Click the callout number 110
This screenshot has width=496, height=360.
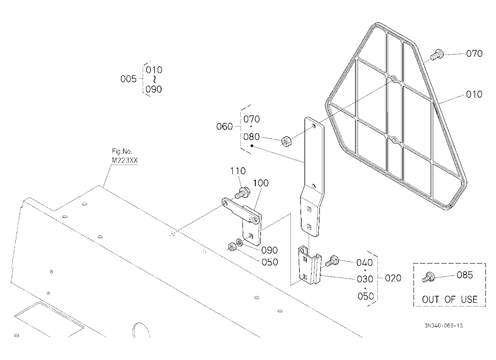(238, 171)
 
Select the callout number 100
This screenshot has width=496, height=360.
(261, 183)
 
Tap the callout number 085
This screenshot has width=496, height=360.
(465, 275)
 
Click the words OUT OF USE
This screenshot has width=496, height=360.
(449, 300)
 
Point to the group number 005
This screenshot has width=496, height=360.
(128, 79)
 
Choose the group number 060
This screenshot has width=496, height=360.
(225, 126)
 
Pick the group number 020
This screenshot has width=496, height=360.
(393, 278)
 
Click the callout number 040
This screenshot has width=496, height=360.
(365, 263)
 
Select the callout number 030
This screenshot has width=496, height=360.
(365, 279)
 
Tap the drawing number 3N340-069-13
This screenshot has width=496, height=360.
(443, 325)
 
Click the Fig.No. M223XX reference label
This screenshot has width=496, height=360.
(125, 156)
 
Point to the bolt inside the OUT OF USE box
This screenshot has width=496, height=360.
(428, 277)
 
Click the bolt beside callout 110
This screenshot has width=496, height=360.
(243, 192)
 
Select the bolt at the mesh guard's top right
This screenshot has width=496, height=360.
(437, 55)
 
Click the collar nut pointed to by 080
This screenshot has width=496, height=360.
(287, 141)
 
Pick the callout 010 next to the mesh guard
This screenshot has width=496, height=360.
(474, 94)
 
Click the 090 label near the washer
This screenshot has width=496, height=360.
(269, 250)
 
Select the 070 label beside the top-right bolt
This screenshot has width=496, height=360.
(474, 54)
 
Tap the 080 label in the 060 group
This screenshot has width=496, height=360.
(251, 137)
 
